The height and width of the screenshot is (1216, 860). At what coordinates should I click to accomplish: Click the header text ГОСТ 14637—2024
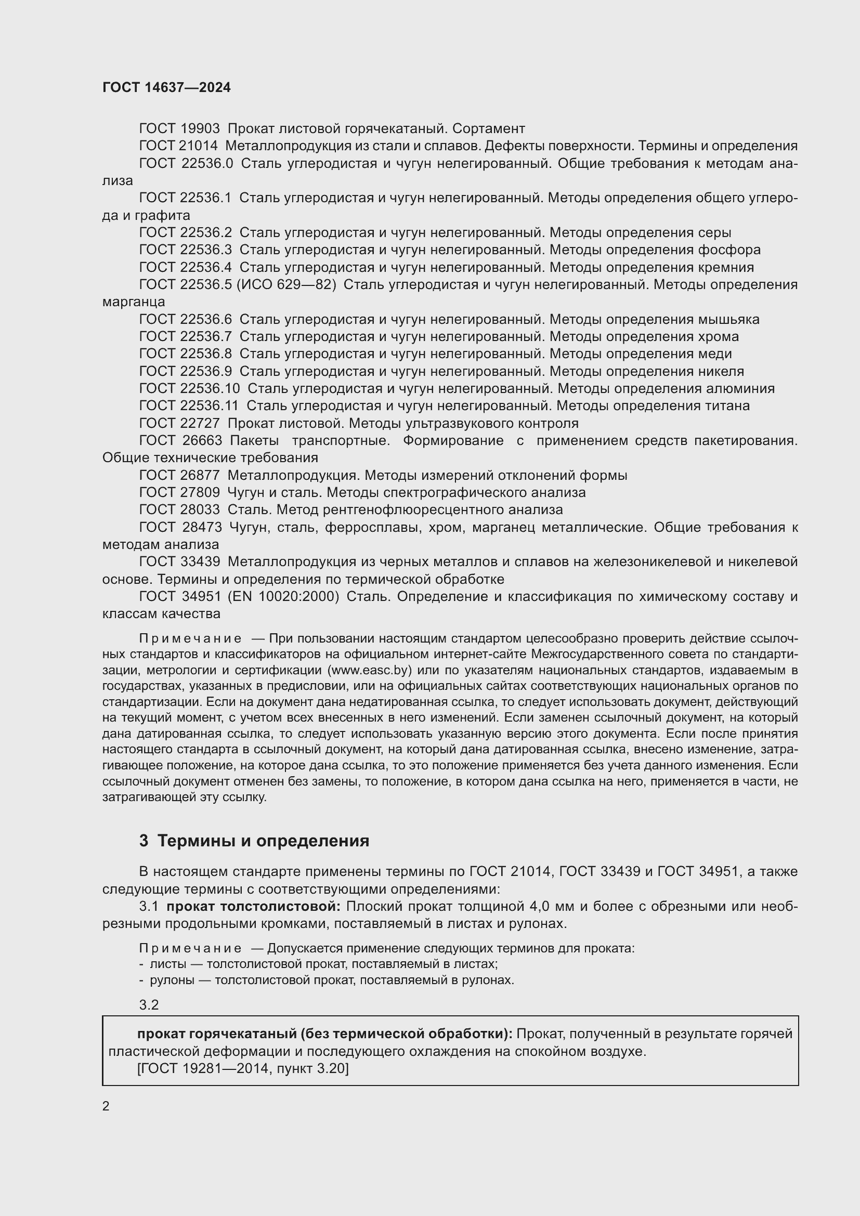(166, 88)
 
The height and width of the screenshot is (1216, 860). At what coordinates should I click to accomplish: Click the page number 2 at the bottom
(106, 1106)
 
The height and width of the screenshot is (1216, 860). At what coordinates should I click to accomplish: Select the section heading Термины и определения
(263, 841)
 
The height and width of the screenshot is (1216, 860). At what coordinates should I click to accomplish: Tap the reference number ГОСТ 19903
(179, 129)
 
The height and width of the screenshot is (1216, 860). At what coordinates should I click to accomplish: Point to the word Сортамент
(489, 129)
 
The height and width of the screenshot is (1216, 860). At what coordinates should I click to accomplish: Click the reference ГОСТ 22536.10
(189, 389)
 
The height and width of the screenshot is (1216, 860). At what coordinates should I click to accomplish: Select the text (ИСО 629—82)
(286, 285)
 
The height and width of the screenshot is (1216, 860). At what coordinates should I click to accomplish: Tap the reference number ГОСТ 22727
(179, 424)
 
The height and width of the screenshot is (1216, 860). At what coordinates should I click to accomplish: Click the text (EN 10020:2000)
(283, 597)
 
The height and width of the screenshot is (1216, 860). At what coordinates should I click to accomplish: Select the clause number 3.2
(149, 1005)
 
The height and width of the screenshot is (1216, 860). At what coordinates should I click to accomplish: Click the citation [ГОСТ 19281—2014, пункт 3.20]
(243, 1069)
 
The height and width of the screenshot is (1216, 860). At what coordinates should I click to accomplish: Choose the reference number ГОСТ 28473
(180, 528)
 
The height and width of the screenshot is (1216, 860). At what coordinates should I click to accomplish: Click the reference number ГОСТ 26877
(179, 476)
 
